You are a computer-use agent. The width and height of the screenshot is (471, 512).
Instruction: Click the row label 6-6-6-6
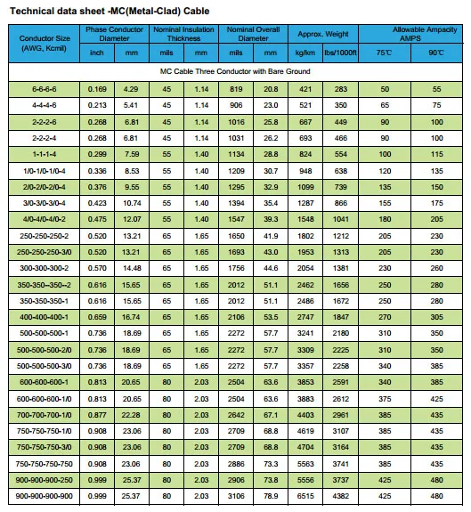click(x=44, y=90)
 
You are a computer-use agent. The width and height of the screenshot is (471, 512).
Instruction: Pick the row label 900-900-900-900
click(x=44, y=495)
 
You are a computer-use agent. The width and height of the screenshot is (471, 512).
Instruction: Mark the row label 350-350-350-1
click(x=44, y=302)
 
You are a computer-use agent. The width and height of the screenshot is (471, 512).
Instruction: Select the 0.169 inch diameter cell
click(x=97, y=90)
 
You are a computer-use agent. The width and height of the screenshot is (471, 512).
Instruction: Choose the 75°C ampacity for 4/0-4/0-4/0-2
click(x=385, y=219)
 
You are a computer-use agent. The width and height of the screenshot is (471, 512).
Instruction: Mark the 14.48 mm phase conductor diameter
click(x=132, y=268)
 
